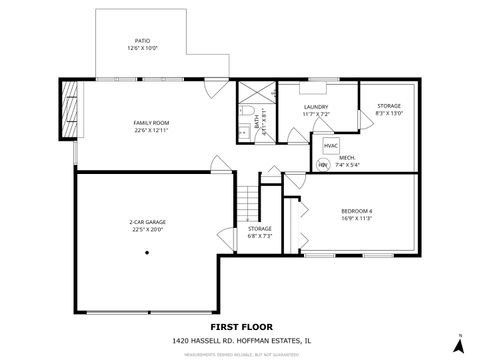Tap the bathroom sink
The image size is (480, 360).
(x=243, y=131)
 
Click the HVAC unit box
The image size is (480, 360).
(x=331, y=146)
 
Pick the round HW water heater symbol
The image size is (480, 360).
(x=323, y=165)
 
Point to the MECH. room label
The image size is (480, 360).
(x=348, y=158)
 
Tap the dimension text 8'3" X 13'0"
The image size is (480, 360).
(x=387, y=113)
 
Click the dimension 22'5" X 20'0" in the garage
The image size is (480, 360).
(x=146, y=229)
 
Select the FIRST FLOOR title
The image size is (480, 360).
(x=239, y=326)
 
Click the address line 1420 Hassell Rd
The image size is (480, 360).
(x=239, y=341)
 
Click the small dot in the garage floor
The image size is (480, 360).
(x=147, y=252)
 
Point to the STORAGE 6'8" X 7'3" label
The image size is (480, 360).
(x=260, y=232)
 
